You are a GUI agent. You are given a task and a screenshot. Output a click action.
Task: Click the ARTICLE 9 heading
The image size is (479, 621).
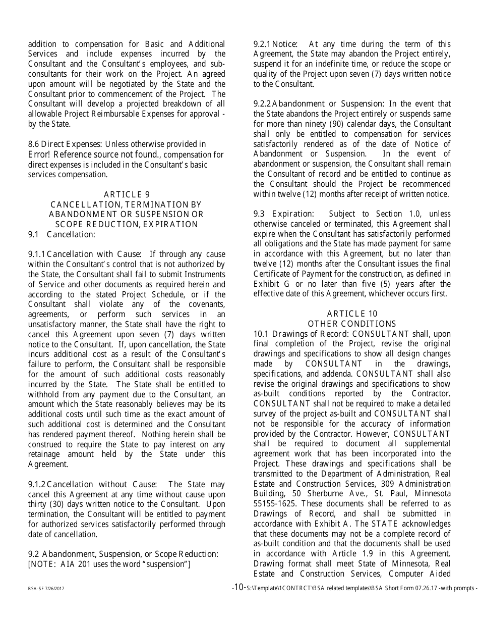(x=127, y=194)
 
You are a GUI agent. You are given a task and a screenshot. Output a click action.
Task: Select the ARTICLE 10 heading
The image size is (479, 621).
(x=352, y=314)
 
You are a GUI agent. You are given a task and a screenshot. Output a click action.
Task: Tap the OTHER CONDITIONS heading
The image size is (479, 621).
(x=352, y=324)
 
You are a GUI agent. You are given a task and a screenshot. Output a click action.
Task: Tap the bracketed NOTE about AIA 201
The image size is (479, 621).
(x=109, y=564)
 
